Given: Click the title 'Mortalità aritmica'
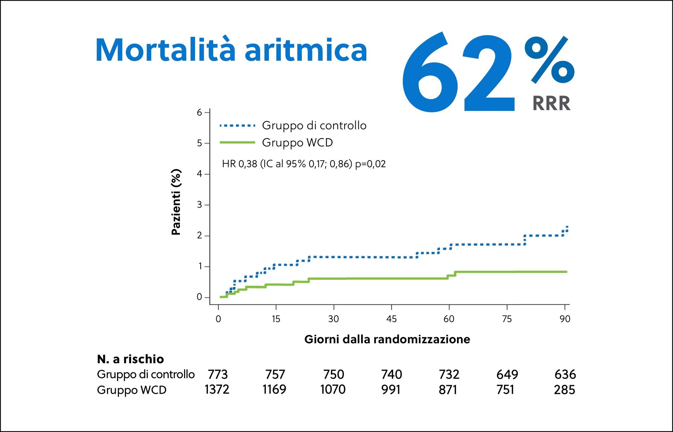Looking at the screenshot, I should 231,50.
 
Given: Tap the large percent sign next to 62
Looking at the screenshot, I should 549,60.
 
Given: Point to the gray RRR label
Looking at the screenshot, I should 551,103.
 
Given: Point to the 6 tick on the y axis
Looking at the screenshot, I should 200,112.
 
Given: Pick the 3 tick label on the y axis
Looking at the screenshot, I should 200,205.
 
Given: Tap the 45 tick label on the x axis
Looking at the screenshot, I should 391,319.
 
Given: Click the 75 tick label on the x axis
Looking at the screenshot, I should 507,319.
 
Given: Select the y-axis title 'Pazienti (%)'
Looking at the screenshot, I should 176,202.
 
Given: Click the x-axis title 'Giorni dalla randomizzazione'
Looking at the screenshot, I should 387,339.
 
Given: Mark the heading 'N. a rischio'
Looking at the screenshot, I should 130,359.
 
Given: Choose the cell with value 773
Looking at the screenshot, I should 218,374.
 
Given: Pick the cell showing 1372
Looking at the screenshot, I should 217,390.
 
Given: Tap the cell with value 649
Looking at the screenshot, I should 507,374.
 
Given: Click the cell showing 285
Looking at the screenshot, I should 564,390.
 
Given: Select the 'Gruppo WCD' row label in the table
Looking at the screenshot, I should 132,390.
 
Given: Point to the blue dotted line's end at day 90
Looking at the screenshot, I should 567,228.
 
